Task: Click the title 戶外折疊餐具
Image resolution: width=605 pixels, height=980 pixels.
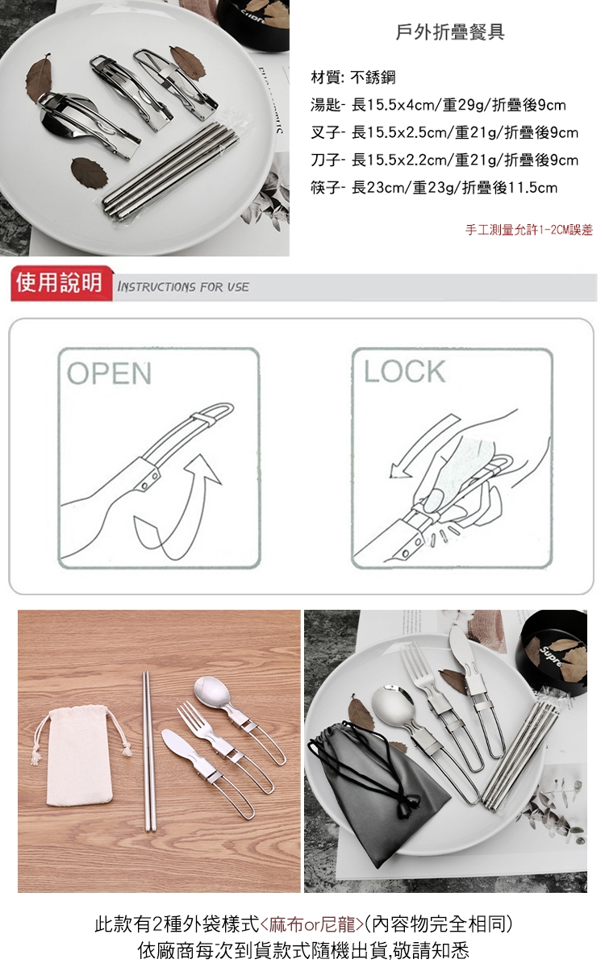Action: pos(450,32)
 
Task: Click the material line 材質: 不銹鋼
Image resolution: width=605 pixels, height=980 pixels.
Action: pos(353,77)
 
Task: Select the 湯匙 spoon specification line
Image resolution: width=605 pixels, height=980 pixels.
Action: pos(438,105)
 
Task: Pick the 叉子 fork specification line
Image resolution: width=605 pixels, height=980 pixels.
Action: pos(444,132)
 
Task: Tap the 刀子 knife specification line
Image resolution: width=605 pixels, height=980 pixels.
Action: pos(444,161)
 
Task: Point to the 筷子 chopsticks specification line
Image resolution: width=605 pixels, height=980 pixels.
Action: pos(434,188)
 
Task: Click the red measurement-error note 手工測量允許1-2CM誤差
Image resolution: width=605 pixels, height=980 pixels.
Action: pos(528,230)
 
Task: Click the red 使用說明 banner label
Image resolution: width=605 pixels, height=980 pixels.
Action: pos(59,282)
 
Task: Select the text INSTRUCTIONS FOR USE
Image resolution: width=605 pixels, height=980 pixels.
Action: pos(183,287)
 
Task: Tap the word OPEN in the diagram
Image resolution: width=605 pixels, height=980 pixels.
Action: pos(109,373)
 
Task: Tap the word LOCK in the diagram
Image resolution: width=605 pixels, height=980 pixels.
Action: pos(405,372)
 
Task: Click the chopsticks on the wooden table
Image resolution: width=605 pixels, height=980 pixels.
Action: pos(148,751)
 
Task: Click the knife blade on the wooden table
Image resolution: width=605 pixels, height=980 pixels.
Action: pos(178,741)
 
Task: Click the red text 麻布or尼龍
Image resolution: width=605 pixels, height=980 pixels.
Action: pos(312,924)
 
